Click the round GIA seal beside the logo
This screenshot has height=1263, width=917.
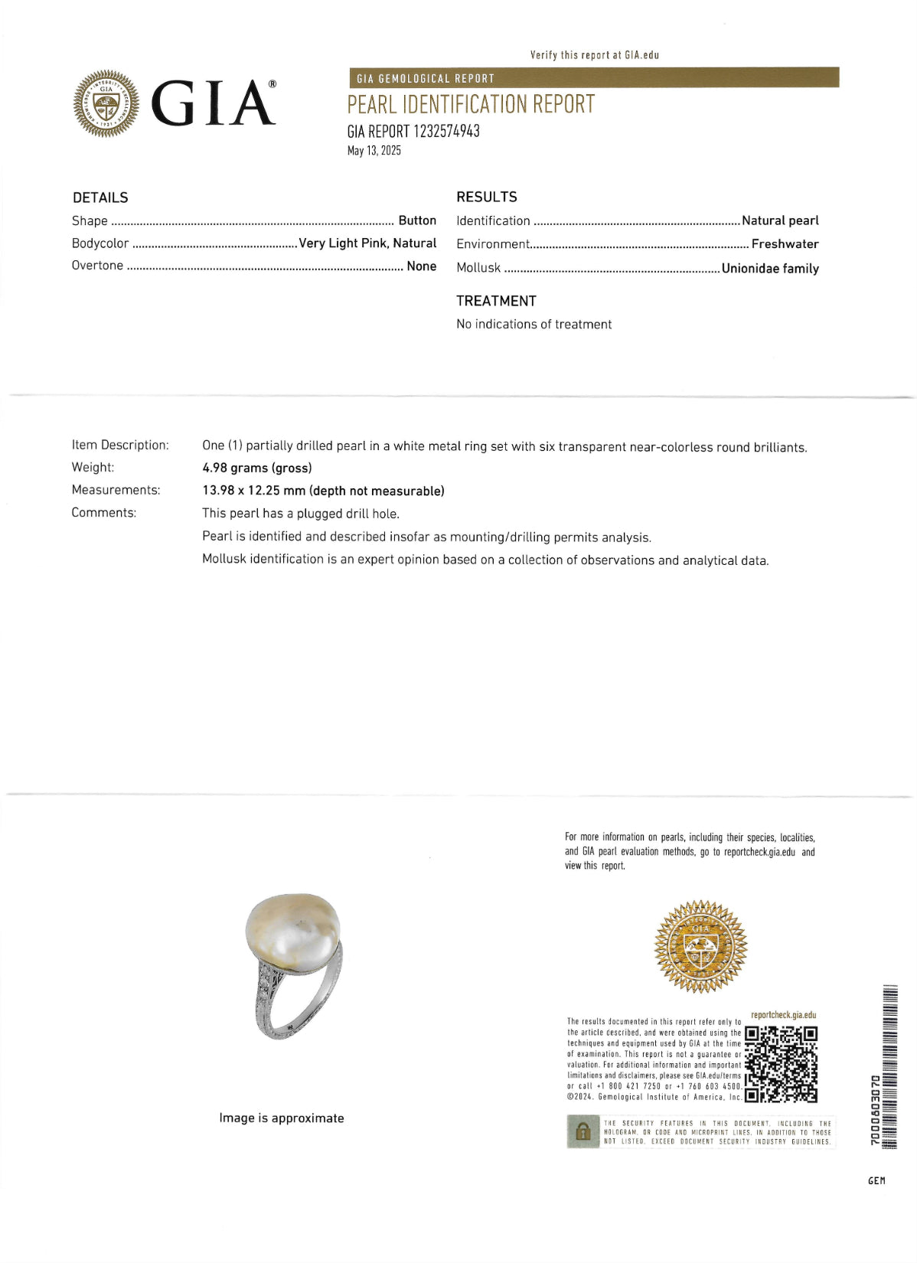pyautogui.click(x=106, y=103)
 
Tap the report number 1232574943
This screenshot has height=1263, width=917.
pyautogui.click(x=446, y=131)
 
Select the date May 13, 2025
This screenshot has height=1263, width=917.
pyautogui.click(x=374, y=151)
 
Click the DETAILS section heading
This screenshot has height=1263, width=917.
pyautogui.click(x=100, y=197)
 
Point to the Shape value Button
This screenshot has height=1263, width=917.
pyautogui.click(x=417, y=220)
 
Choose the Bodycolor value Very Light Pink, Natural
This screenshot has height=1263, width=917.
pyautogui.click(x=367, y=243)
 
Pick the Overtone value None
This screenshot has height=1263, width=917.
pyautogui.click(x=421, y=266)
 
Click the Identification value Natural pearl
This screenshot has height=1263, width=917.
pyautogui.click(x=780, y=220)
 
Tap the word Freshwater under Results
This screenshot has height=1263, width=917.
pyautogui.click(x=785, y=244)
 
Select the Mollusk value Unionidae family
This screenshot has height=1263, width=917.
pyautogui.click(x=770, y=269)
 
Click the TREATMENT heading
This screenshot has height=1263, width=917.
pyautogui.click(x=496, y=301)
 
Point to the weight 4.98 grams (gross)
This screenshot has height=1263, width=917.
pyautogui.click(x=257, y=468)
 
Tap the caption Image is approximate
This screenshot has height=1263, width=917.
pyautogui.click(x=282, y=1118)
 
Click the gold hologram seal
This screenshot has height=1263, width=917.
pyautogui.click(x=700, y=947)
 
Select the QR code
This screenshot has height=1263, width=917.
pyautogui.click(x=782, y=1064)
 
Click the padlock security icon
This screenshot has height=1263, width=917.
pyautogui.click(x=583, y=1131)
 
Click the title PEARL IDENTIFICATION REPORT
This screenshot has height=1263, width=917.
pyautogui.click(x=471, y=104)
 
